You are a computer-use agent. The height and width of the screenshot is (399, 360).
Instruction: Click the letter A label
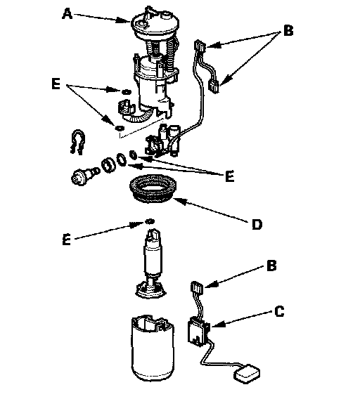(67, 14)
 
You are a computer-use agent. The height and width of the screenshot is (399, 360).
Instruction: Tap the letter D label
(257, 225)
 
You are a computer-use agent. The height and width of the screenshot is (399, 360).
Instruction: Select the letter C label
(279, 311)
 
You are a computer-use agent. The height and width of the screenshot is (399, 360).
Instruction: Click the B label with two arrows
(288, 30)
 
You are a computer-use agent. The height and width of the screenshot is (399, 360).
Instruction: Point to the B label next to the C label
(271, 266)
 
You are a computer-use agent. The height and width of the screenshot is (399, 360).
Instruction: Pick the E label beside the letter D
(230, 176)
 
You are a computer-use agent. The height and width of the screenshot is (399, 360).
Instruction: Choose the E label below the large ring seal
(66, 240)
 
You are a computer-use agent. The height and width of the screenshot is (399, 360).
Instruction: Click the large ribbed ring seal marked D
(153, 188)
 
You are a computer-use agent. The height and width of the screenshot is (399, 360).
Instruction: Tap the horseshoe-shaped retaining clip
(77, 142)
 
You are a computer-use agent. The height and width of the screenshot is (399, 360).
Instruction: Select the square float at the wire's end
(247, 373)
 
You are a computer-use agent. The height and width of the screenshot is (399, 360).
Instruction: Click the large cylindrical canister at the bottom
(153, 348)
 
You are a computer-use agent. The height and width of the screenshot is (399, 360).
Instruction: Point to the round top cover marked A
(155, 24)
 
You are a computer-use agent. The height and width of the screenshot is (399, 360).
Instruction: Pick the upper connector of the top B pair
(200, 46)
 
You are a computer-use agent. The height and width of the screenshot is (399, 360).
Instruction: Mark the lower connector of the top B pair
(214, 86)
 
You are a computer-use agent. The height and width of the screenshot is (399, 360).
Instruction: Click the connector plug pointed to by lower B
(197, 287)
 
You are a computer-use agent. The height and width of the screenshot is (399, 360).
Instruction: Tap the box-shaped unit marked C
(198, 332)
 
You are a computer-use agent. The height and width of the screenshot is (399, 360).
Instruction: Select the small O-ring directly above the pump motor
(150, 221)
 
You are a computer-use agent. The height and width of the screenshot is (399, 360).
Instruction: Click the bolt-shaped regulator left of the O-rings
(84, 176)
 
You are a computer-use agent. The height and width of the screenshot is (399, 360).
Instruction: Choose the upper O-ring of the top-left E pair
(126, 91)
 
